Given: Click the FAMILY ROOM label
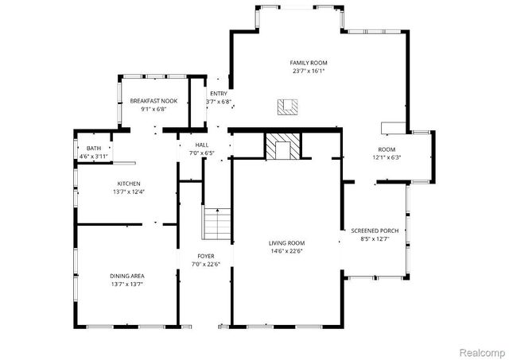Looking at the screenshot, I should (x=309, y=63).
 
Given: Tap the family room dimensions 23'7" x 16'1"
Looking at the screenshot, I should (x=309, y=71).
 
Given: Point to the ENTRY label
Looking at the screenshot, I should (x=219, y=94).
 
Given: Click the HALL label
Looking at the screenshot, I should (x=202, y=145).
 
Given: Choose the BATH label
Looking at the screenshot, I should (x=94, y=149).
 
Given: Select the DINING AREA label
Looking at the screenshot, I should (x=127, y=276).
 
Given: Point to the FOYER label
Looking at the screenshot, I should (x=206, y=256).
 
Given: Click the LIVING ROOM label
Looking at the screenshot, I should (x=286, y=243).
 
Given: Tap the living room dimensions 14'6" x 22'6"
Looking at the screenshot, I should (x=286, y=251).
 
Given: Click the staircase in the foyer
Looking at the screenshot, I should (x=217, y=224).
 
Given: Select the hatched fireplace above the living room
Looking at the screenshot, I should (x=283, y=146).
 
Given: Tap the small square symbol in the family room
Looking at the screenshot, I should (x=287, y=106).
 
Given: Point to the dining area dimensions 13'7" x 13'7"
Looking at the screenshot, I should (x=127, y=284).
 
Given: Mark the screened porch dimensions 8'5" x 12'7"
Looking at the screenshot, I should (x=375, y=239).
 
